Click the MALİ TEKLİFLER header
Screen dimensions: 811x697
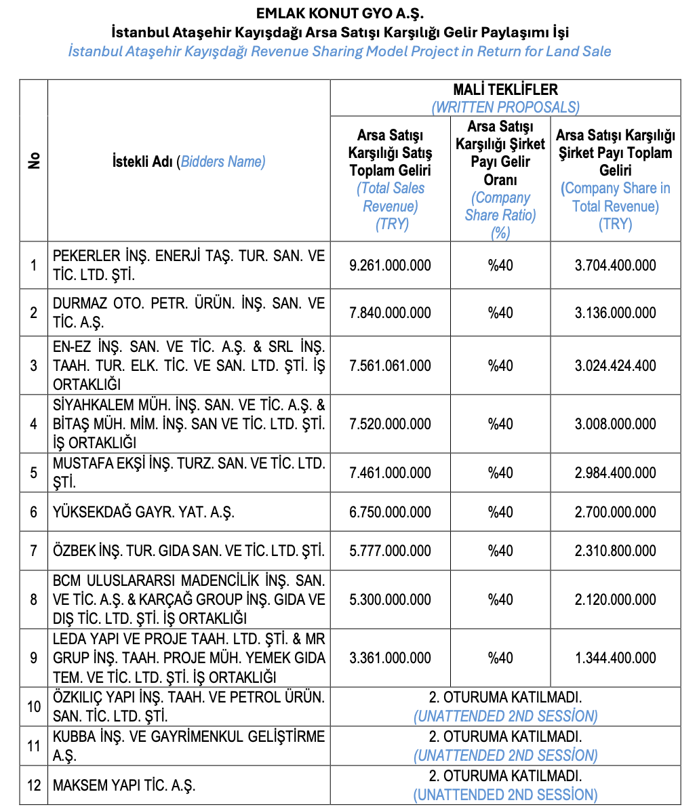505,90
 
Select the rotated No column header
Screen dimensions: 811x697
34,161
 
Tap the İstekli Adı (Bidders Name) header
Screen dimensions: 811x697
188,161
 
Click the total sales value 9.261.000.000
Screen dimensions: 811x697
390,265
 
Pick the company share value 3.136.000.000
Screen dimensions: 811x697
615,313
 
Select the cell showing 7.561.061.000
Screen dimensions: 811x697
390,365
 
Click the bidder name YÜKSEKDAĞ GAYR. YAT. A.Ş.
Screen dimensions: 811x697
144,512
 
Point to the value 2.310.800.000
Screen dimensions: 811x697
615,551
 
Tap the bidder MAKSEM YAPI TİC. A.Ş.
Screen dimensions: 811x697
124,786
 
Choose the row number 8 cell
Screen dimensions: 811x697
34,599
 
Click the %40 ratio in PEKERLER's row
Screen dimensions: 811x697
500,265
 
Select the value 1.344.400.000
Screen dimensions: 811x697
615,658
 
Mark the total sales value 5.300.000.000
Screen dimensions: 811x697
390,599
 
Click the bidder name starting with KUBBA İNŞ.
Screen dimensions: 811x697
188,746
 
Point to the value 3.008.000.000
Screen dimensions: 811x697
615,424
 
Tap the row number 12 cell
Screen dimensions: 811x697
34,786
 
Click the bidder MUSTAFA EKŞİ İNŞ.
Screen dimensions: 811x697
188,473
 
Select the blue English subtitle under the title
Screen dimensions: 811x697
340,52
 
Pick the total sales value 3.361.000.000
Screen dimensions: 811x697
390,658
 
